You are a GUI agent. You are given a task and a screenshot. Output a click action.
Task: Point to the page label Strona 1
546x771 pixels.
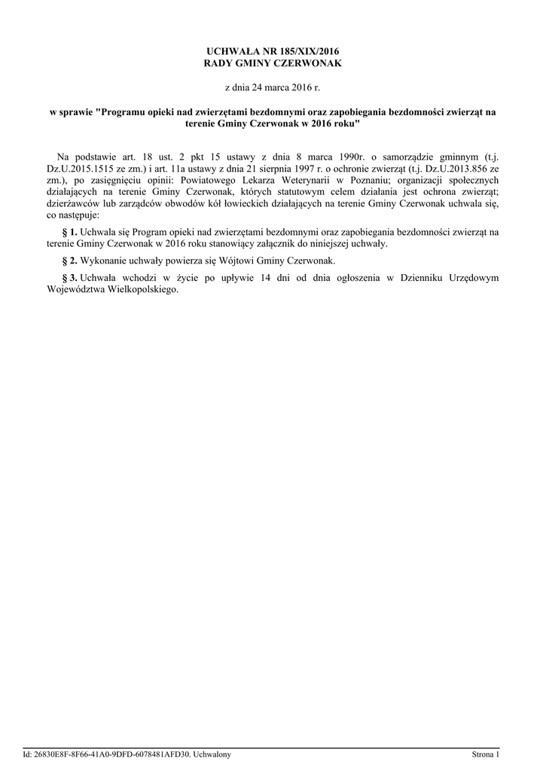click(485, 754)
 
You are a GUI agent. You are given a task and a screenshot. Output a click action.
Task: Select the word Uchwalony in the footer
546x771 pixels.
click(212, 754)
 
